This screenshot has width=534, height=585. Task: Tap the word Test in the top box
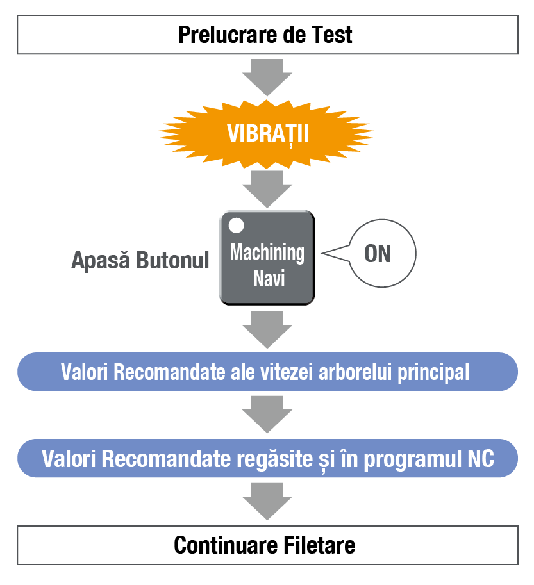click(x=331, y=34)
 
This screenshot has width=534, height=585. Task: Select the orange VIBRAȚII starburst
click(x=267, y=134)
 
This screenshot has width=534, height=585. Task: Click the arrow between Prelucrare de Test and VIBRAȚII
click(x=267, y=76)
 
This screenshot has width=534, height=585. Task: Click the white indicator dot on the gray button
click(x=237, y=226)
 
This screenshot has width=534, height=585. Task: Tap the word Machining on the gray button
click(x=267, y=252)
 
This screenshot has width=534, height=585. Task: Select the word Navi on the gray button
click(x=268, y=279)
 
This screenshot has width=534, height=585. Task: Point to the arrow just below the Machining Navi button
click(x=267, y=329)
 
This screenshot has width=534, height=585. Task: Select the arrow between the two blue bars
click(x=267, y=413)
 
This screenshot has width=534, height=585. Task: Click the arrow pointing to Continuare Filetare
click(x=267, y=500)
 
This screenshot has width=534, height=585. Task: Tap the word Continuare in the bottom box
click(x=225, y=545)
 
